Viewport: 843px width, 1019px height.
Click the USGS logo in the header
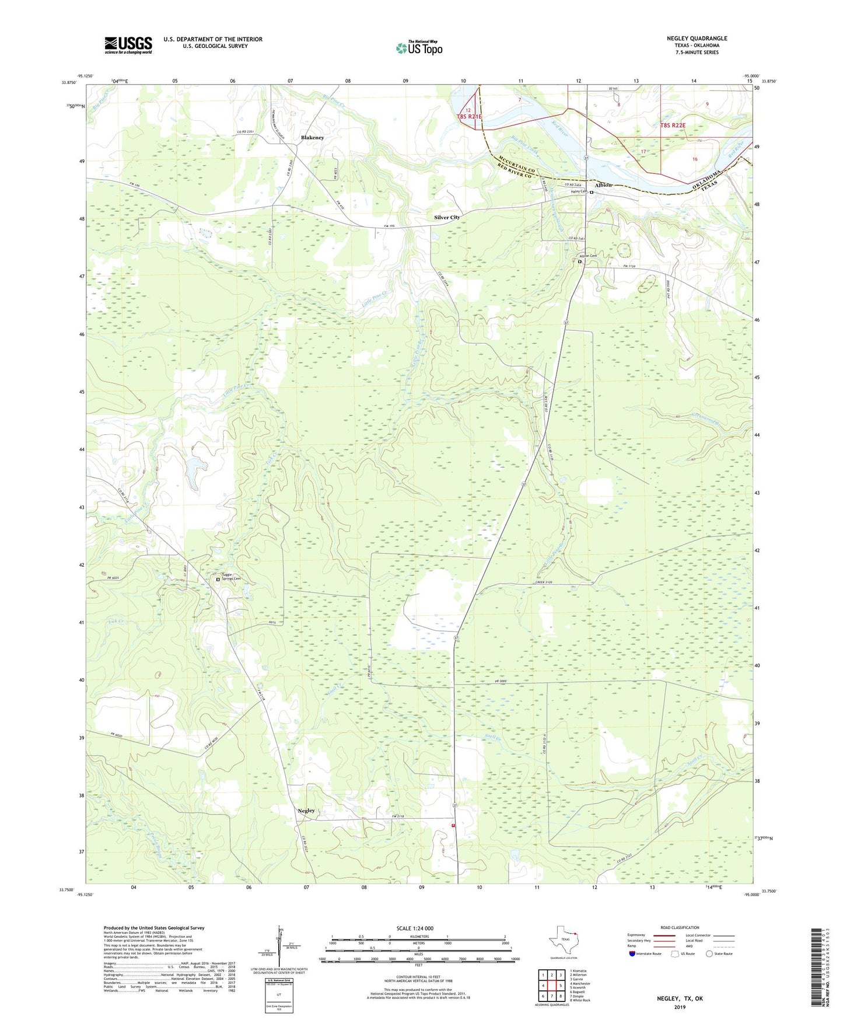coord(128,44)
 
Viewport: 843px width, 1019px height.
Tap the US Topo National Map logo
coord(419,47)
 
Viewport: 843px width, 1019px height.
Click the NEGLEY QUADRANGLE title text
coord(697,39)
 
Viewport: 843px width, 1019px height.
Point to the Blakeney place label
coord(312,138)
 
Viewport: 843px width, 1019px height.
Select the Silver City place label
coord(447,217)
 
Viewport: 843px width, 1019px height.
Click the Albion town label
coord(603,185)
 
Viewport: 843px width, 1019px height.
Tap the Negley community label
coord(306,811)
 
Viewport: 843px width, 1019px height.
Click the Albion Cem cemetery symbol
coord(579,262)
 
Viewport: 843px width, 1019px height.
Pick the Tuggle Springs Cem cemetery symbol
coord(218,580)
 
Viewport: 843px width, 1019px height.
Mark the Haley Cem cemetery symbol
coord(591,192)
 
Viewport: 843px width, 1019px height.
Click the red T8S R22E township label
coord(673,125)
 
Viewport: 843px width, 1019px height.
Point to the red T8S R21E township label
coord(470,117)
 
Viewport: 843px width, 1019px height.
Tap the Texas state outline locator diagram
coord(562,943)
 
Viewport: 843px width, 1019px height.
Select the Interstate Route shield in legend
coord(633,954)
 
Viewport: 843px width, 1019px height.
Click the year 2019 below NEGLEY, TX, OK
coord(680,1007)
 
